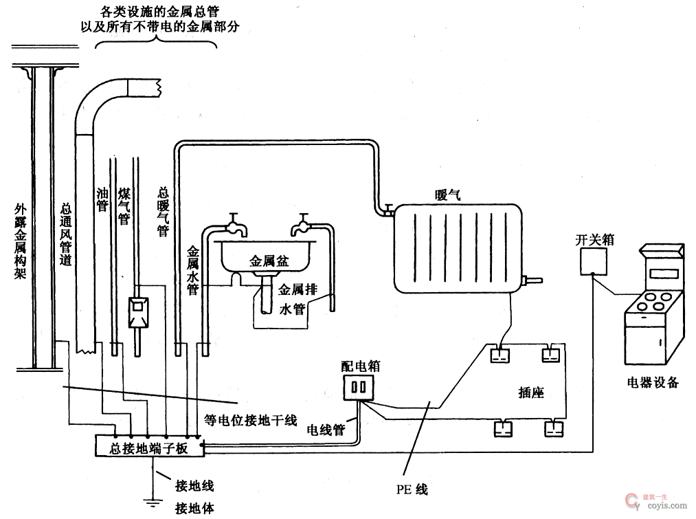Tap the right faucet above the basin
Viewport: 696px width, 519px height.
tap(302, 221)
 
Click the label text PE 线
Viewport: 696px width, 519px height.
tap(412, 489)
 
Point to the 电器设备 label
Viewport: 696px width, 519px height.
tap(652, 382)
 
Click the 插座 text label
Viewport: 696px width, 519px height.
tap(530, 393)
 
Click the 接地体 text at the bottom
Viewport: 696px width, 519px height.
tap(194, 508)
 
